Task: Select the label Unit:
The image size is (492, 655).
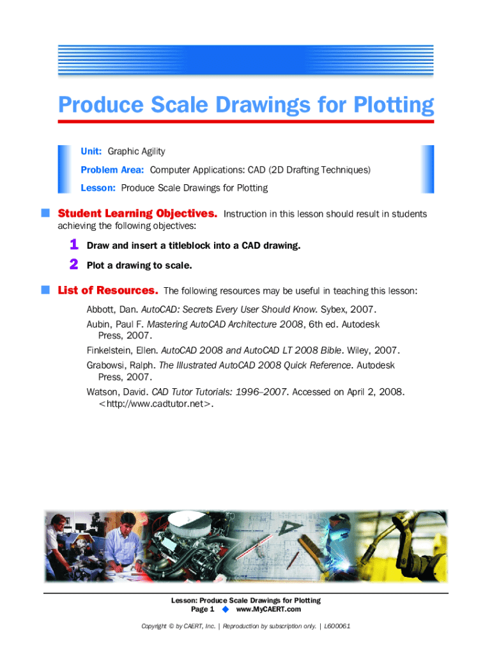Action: pos(92,152)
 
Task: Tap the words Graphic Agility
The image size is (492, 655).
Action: pos(136,152)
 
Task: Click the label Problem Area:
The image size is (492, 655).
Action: pos(112,170)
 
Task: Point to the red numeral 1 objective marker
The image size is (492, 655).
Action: pos(74,244)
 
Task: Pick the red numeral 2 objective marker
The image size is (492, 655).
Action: pos(74,264)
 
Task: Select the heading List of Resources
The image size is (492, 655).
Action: pos(108,290)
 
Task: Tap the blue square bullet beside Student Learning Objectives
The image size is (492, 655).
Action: pos(46,214)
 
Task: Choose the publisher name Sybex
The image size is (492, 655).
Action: pos(333,310)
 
